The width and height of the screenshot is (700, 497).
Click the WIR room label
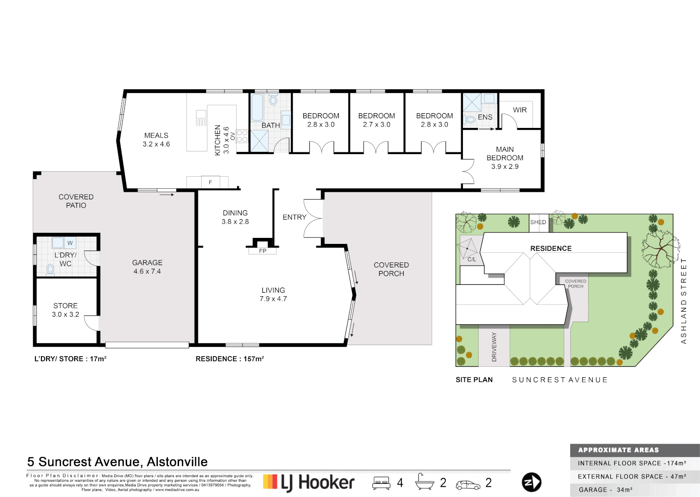[x=520, y=110]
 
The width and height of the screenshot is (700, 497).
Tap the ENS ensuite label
[x=485, y=117]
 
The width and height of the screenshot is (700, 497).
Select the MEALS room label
[x=156, y=135]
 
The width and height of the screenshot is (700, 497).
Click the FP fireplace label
[x=262, y=251]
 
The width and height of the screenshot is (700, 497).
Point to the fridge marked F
[x=210, y=182]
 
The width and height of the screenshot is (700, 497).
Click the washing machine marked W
[x=70, y=243]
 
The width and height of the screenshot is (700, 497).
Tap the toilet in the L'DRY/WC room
[x=50, y=269]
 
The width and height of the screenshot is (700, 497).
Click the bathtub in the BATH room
[x=257, y=107]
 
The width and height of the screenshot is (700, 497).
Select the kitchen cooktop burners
[x=242, y=136]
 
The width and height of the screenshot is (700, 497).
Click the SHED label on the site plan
[x=538, y=222]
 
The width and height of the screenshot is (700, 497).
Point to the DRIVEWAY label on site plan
[x=494, y=347]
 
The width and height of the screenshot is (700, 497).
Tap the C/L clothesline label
[x=472, y=260]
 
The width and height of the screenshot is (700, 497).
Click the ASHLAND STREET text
[x=683, y=301]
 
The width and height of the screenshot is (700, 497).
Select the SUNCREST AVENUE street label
[x=560, y=380]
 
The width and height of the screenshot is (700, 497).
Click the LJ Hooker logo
[x=309, y=482]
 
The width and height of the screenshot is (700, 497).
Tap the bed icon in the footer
[x=382, y=483]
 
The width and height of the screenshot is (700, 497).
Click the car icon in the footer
[x=468, y=485]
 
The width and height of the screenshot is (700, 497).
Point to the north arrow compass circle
[x=532, y=482]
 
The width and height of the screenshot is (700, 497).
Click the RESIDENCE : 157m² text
[x=230, y=359]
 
